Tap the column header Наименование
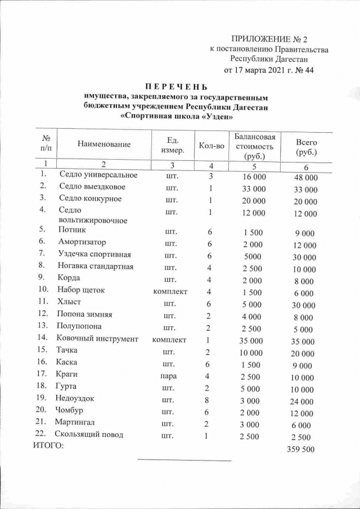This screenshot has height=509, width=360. click(104, 145)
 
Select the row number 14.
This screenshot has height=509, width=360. click(42, 338)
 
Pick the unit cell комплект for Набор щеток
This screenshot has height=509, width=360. click(170, 291)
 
